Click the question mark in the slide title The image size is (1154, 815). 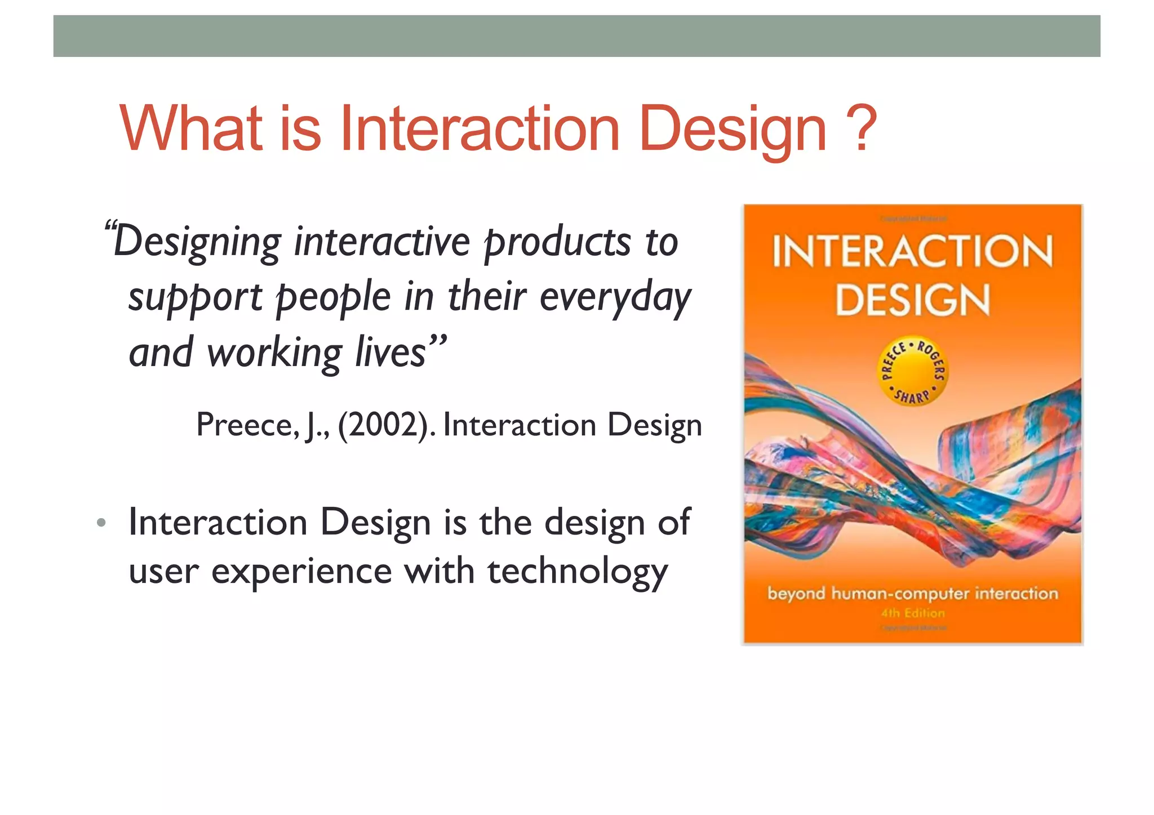click(x=860, y=128)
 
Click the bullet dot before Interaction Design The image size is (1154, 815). click(x=101, y=523)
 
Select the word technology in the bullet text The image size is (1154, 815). click(x=577, y=572)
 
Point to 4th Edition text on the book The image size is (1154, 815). click(x=913, y=613)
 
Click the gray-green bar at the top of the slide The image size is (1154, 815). click(x=576, y=36)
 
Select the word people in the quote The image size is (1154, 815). click(x=334, y=298)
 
